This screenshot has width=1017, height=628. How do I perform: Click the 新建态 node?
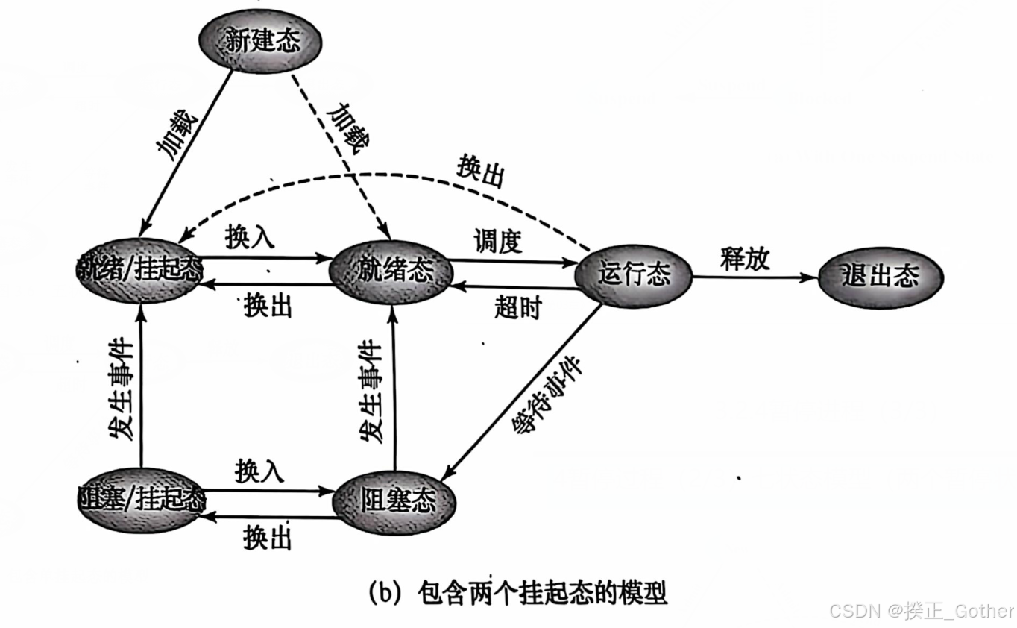(261, 40)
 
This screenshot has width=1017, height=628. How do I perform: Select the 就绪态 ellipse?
(391, 269)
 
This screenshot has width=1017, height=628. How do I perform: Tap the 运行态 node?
(634, 275)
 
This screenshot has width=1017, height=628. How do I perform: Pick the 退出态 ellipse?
(880, 277)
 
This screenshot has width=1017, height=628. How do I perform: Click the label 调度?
(497, 242)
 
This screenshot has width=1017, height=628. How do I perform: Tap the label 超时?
(517, 307)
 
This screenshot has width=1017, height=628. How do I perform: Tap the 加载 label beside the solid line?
(177, 134)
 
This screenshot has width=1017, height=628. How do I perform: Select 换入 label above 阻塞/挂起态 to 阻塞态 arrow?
(259, 471)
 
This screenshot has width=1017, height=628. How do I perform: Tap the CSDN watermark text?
(922, 611)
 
